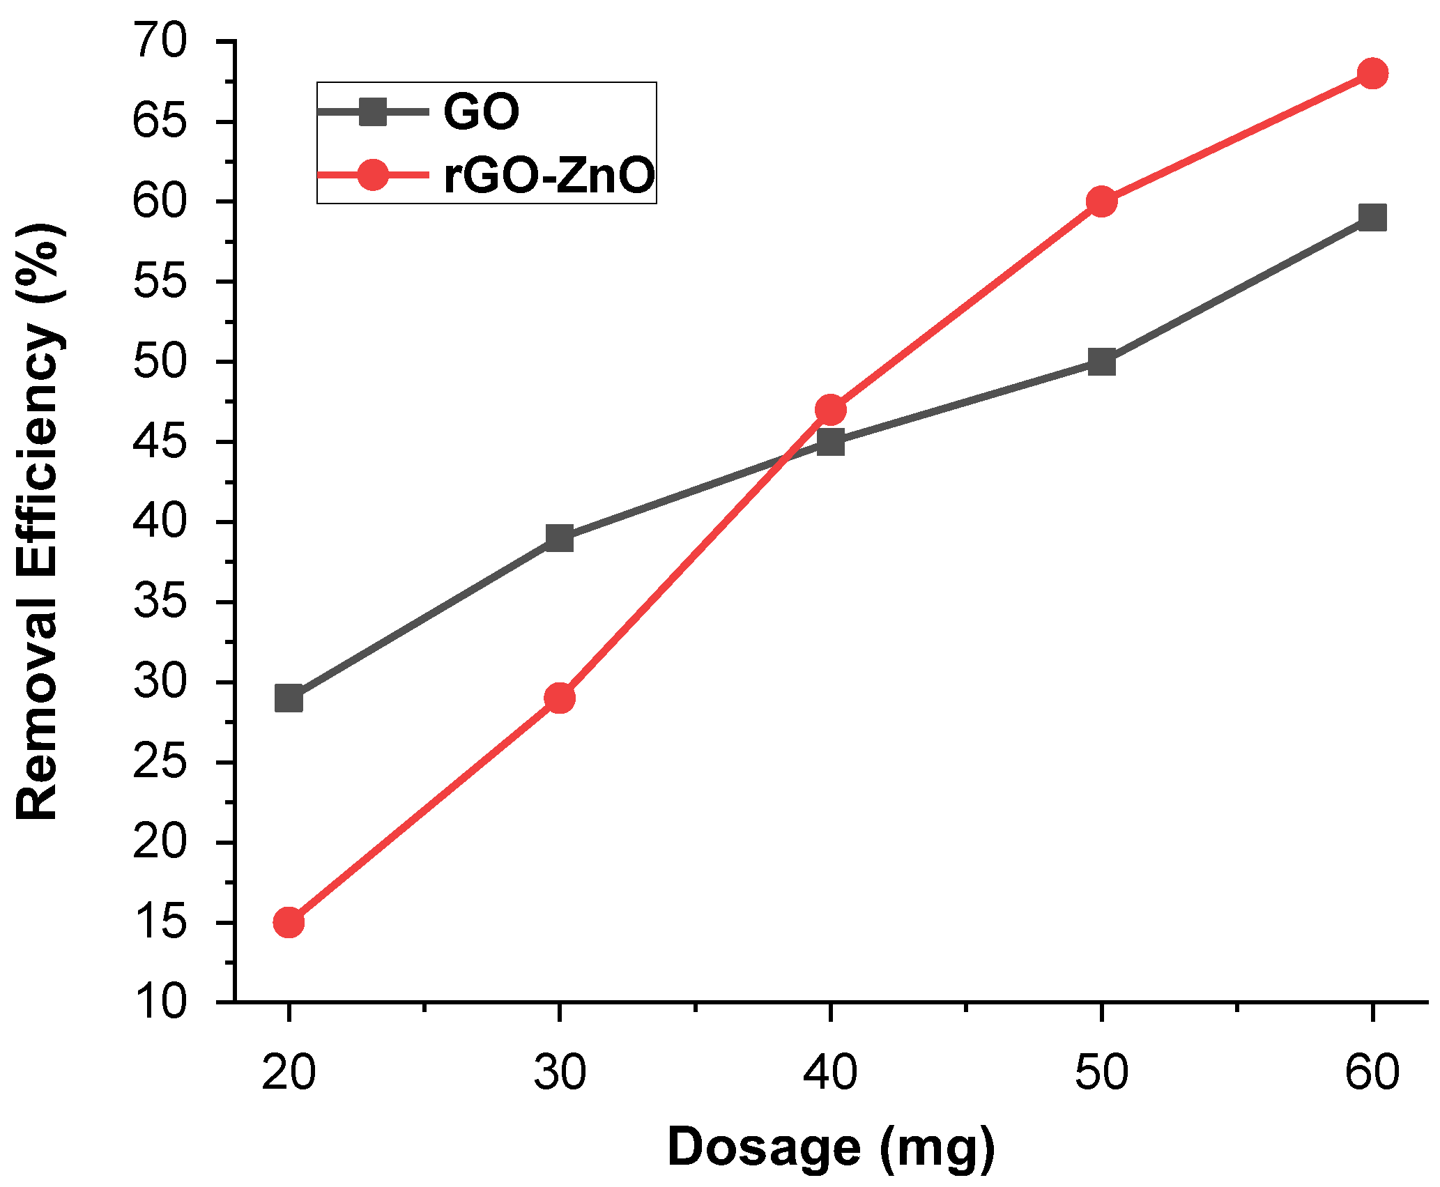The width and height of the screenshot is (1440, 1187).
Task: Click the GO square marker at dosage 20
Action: (x=289, y=698)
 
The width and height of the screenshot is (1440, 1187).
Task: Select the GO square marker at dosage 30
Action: (x=560, y=538)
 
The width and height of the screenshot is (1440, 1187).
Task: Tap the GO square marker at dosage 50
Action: (x=1101, y=362)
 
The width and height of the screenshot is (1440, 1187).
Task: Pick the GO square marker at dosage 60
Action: (x=1372, y=218)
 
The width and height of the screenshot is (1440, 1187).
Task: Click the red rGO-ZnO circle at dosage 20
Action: (x=289, y=922)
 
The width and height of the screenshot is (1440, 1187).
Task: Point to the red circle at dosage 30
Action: (x=560, y=698)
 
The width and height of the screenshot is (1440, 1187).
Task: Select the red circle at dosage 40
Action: (x=830, y=410)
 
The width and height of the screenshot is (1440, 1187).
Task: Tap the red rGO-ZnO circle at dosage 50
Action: (x=1101, y=201)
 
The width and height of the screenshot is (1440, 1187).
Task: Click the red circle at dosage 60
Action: (x=1372, y=73)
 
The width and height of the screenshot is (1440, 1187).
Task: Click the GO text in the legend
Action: (x=481, y=112)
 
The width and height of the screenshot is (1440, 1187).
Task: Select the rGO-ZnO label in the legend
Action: (x=549, y=175)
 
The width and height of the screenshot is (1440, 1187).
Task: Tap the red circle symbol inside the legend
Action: (x=373, y=175)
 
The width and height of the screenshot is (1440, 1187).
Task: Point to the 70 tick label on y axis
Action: (x=160, y=42)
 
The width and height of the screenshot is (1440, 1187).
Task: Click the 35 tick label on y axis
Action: (x=160, y=602)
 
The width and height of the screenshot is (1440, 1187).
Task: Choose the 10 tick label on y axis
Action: (x=160, y=1002)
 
